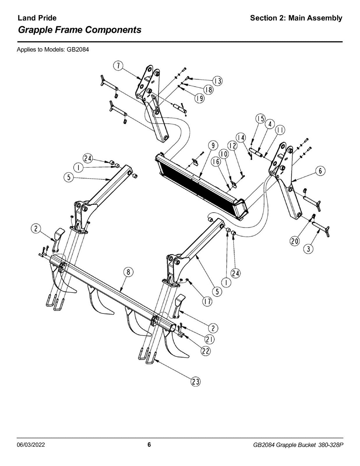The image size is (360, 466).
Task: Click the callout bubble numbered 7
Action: coord(118,66)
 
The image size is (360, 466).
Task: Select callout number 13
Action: coord(218,81)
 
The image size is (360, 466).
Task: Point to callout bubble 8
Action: coord(128,272)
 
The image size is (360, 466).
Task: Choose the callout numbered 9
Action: coord(213,146)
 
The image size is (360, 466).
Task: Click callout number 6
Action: coord(320,171)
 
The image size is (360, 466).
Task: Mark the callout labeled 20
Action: coord(294,241)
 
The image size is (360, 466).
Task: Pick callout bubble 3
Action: coord(308,249)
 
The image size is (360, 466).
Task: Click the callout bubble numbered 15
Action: coord(260,119)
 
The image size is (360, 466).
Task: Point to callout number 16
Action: coord(216,162)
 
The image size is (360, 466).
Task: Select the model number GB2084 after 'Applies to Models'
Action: coord(78,50)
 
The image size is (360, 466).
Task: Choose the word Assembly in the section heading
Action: coord(325,18)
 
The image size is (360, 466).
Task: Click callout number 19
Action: coord(200,98)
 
